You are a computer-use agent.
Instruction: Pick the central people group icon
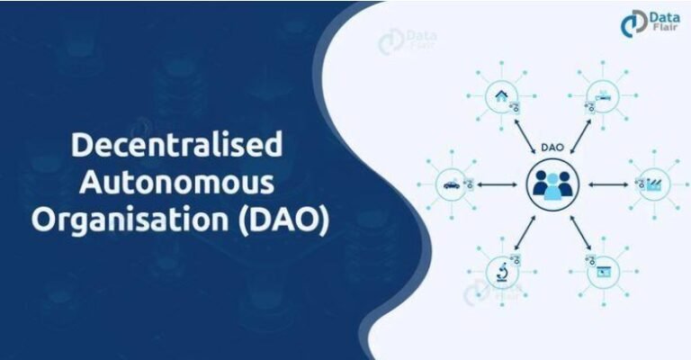point(552,184)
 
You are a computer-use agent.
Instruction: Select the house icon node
point(498,95)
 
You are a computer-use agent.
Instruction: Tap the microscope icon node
point(498,270)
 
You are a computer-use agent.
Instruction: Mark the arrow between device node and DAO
point(579,136)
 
